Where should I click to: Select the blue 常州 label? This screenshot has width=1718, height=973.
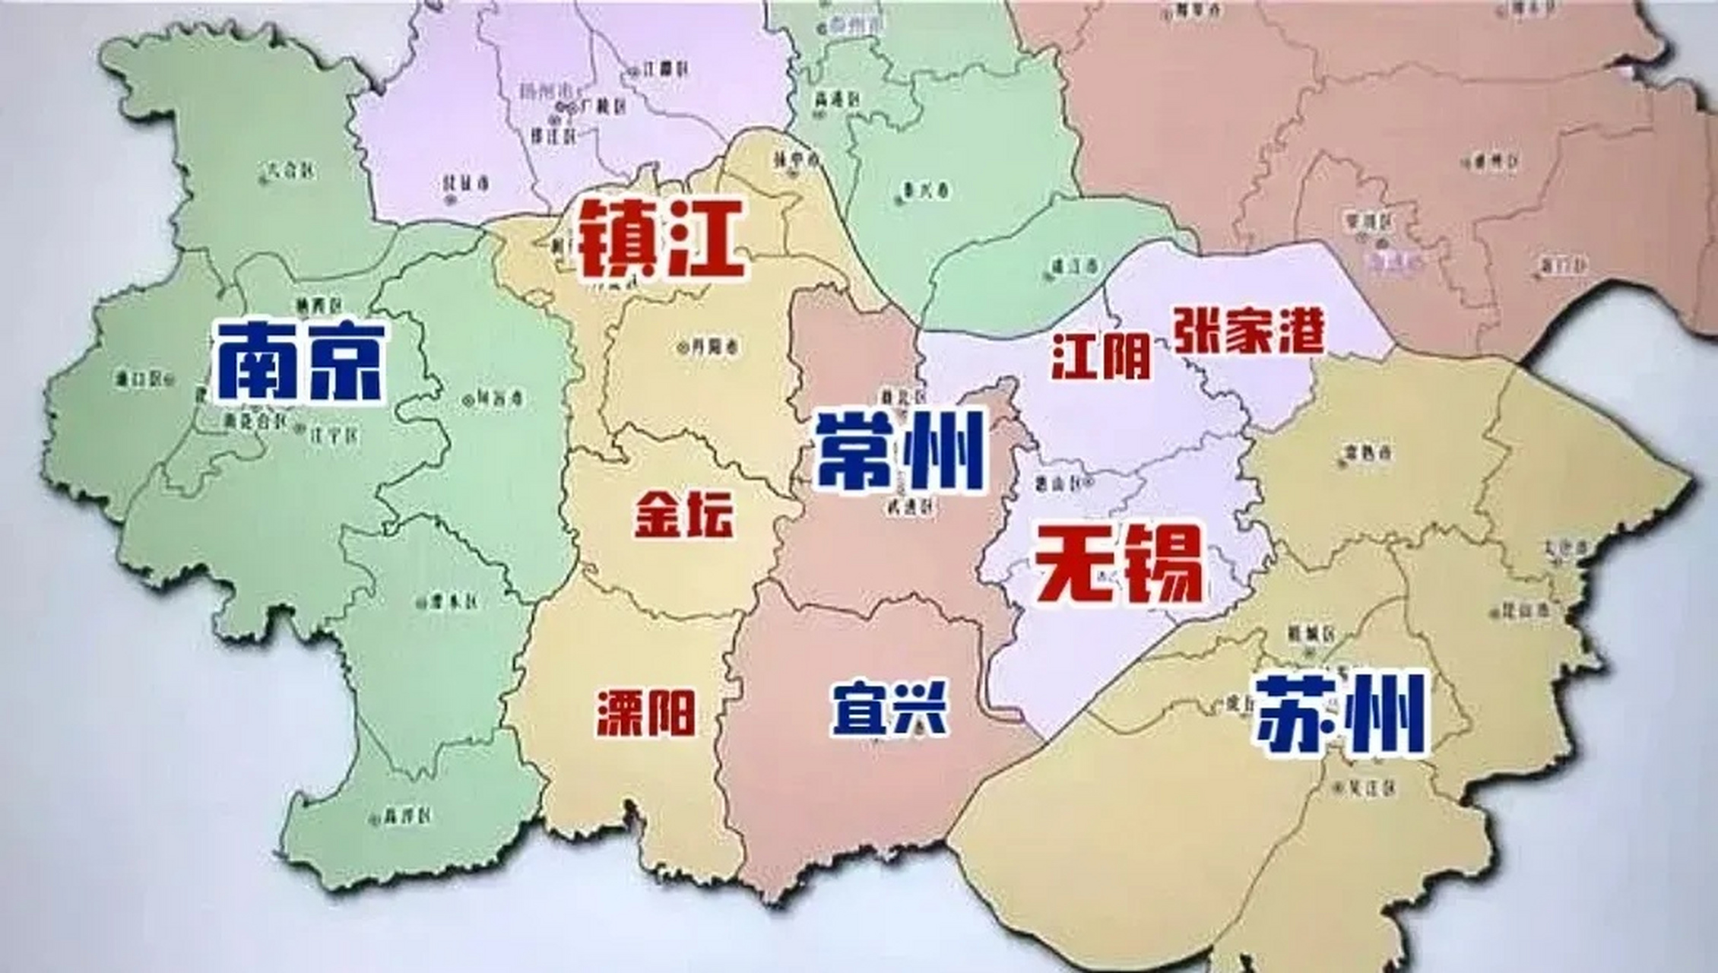click(900, 450)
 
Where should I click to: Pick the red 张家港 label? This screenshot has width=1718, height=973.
click(1248, 331)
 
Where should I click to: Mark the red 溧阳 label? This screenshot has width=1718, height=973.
click(645, 713)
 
